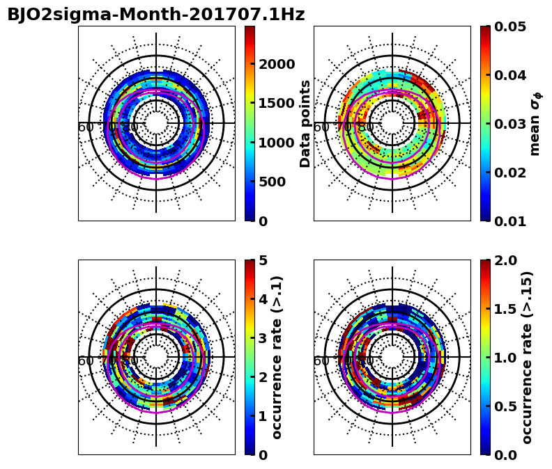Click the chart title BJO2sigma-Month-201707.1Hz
(x=156, y=15)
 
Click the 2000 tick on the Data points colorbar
(x=277, y=65)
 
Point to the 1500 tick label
(x=277, y=104)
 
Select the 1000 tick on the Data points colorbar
(x=277, y=143)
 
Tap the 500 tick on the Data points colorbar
(x=272, y=182)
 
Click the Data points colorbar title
(x=305, y=123)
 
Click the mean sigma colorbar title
(x=535, y=123)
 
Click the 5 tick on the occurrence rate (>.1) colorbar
(x=263, y=260)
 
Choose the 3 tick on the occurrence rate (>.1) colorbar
(x=263, y=338)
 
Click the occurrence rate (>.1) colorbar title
(x=277, y=357)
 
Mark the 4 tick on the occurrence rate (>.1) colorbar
(x=263, y=299)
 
